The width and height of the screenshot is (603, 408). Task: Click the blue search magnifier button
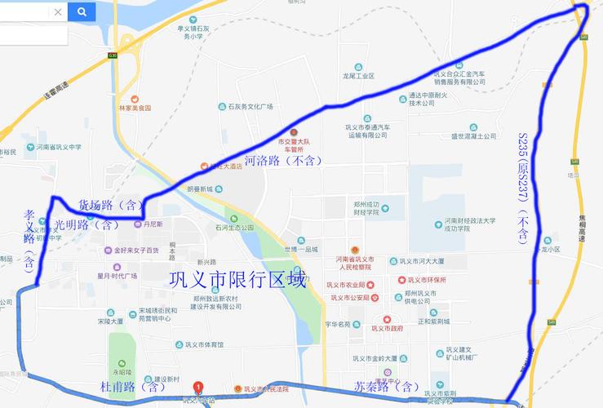(82, 11)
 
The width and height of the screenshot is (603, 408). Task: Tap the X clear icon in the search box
(57, 12)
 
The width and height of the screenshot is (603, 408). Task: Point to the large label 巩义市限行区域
(237, 279)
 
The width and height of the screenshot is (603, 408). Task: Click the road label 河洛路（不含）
(282, 161)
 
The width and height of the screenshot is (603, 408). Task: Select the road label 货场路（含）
(111, 204)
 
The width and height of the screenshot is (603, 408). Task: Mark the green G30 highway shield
(113, 55)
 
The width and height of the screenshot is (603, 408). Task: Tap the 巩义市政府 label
(387, 329)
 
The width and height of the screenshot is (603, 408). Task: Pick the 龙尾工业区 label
(358, 75)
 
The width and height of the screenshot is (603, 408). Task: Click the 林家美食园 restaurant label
(134, 107)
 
